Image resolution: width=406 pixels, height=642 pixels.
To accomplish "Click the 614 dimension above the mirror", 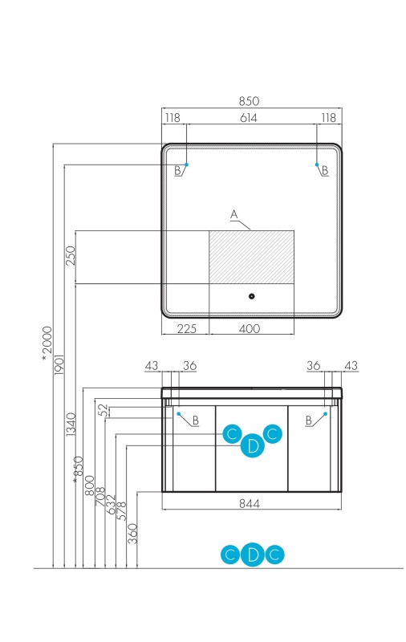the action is (249, 118).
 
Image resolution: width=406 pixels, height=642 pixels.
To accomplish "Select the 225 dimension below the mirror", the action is (187, 328).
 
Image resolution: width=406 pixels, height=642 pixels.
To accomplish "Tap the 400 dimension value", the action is (250, 328).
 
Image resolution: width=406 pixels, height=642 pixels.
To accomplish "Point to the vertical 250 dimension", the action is (71, 255).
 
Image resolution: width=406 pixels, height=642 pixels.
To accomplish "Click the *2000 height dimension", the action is (47, 343).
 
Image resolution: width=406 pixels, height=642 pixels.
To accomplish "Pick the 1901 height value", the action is (59, 364).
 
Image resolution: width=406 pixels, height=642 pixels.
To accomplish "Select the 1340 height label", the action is (71, 425).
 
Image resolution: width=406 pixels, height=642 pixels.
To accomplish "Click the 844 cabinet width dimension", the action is (250, 503).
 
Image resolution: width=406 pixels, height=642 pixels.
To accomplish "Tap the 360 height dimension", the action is (132, 534).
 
